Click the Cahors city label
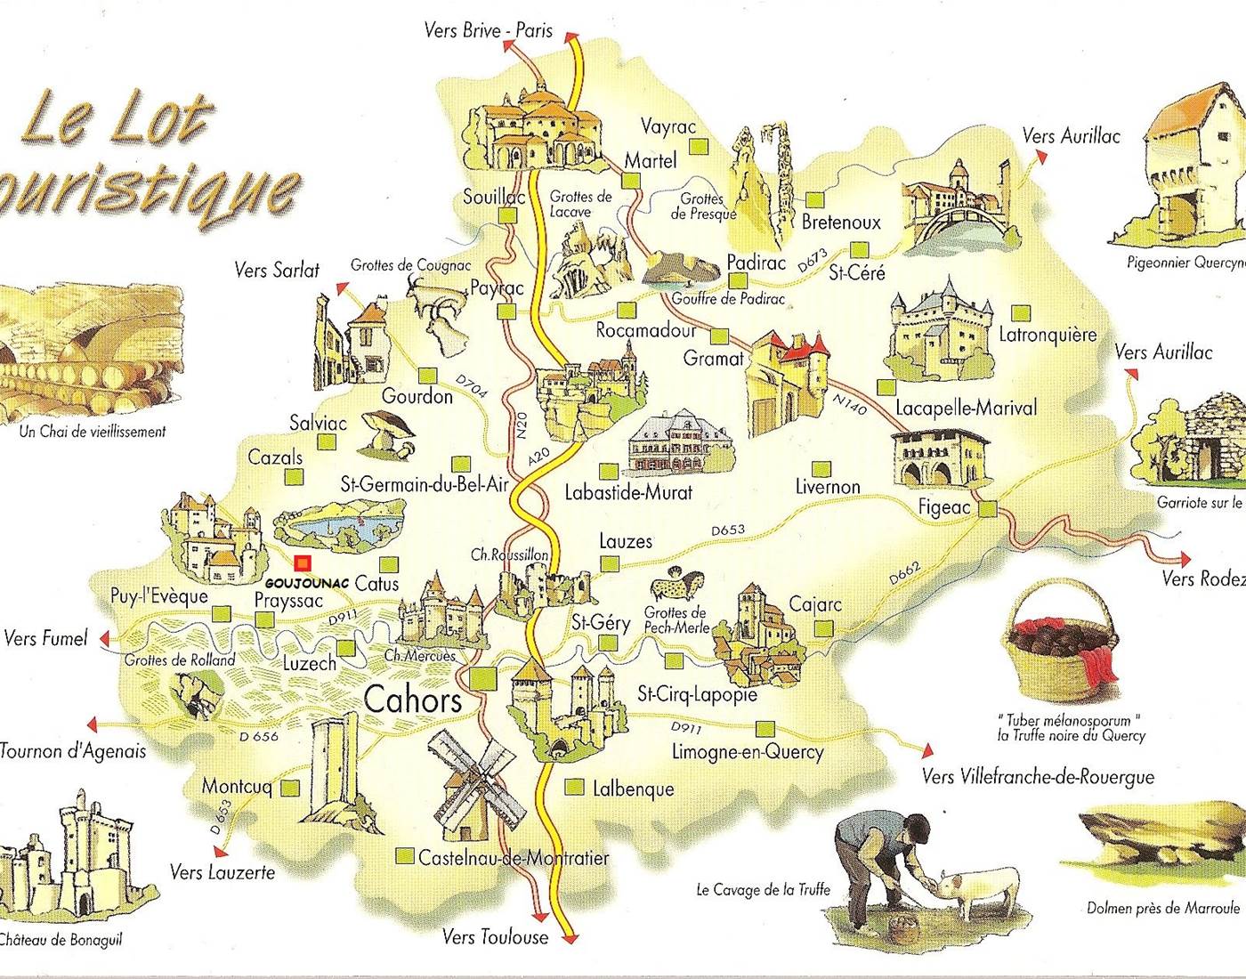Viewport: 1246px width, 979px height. [x=413, y=700]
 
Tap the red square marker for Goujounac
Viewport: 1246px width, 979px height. [x=303, y=562]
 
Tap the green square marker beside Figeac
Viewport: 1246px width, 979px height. [x=987, y=509]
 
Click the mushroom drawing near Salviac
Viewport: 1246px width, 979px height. [x=387, y=433]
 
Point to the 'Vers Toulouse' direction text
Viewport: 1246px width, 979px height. [x=495, y=936]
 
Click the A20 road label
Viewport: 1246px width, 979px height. [x=538, y=457]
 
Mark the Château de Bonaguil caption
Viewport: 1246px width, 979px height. [x=61, y=939]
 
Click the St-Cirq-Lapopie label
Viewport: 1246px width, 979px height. [x=697, y=694]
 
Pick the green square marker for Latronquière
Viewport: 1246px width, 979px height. [x=1021, y=313]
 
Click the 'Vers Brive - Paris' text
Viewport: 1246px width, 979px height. [x=488, y=31]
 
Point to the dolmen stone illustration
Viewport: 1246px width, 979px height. [x=1148, y=837]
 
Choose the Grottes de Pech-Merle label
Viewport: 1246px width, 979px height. [x=676, y=619]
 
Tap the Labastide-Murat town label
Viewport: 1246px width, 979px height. [x=628, y=491]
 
